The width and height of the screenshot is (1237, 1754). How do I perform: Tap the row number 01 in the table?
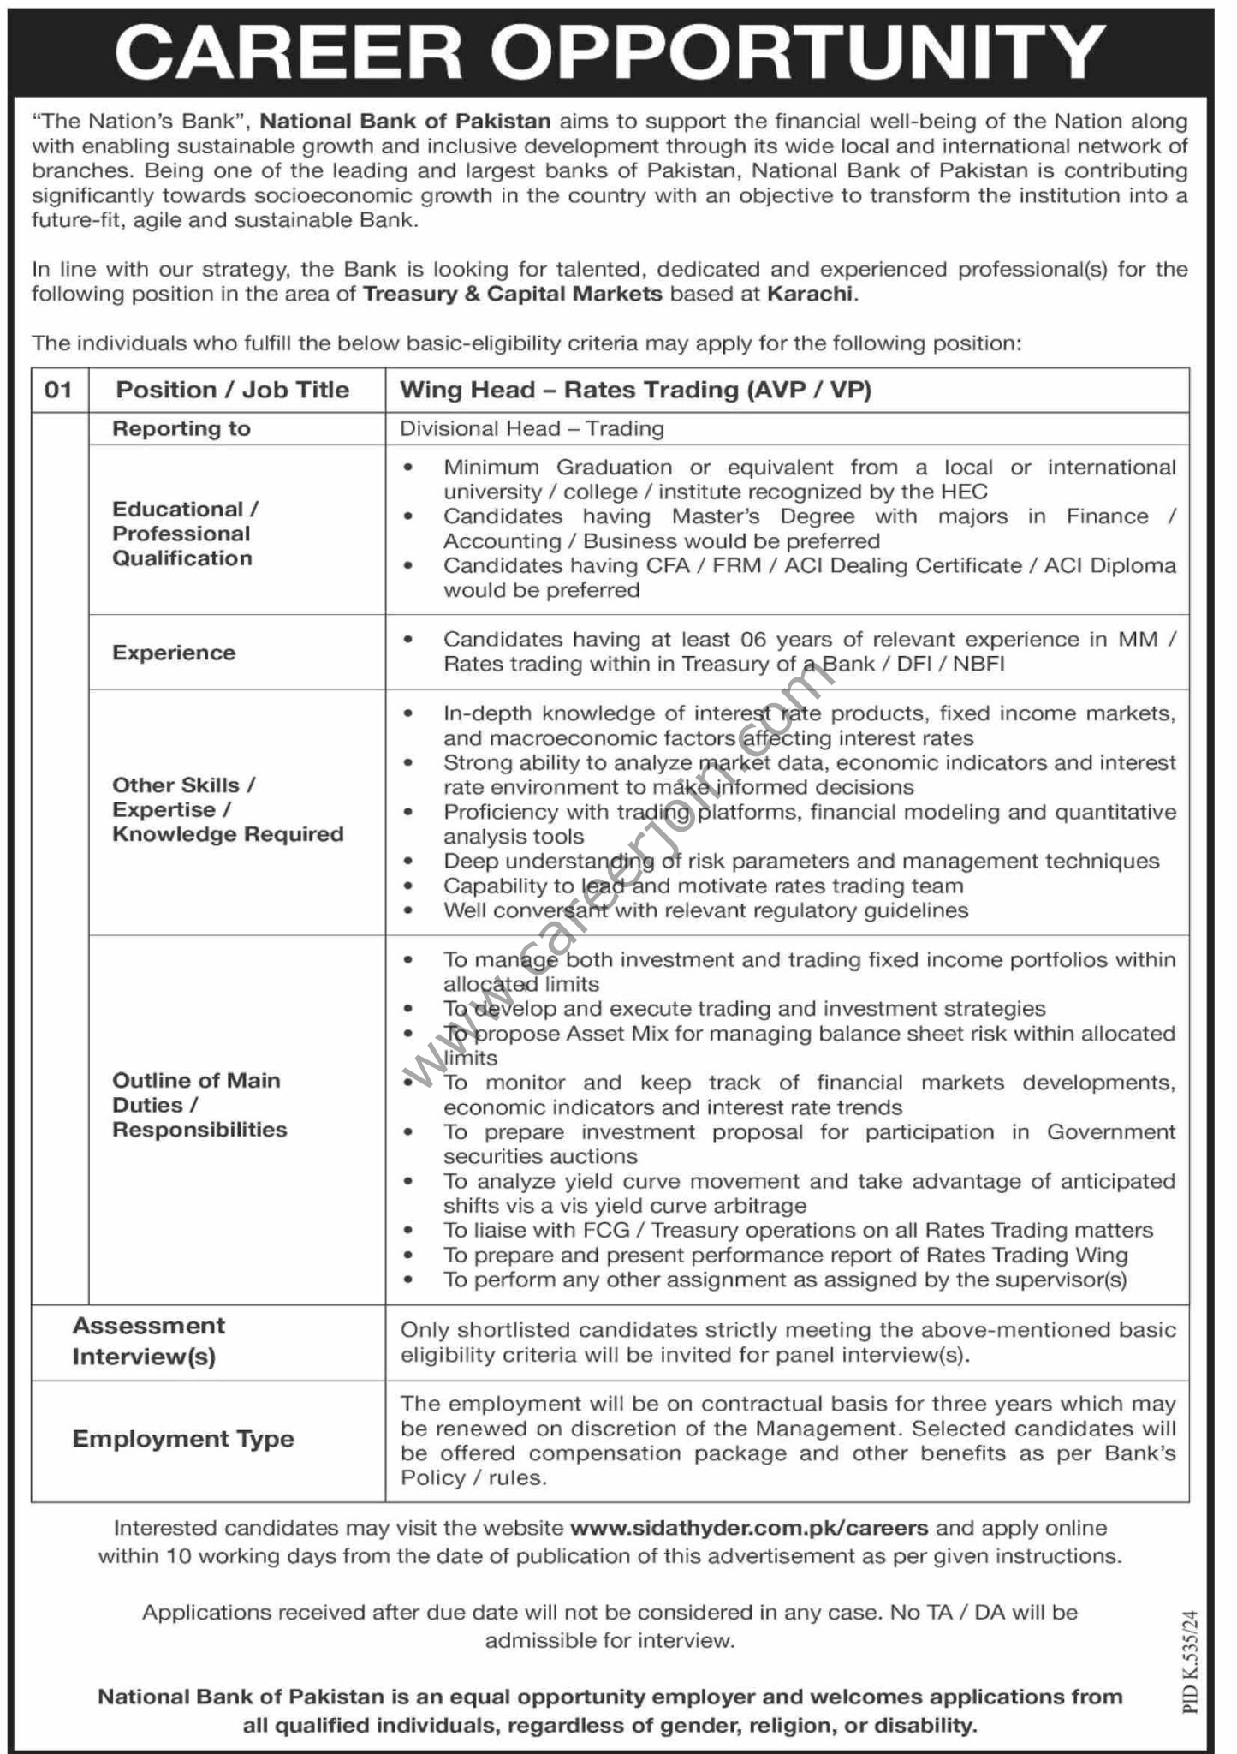58,391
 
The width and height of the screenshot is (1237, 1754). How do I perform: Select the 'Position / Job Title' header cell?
233,391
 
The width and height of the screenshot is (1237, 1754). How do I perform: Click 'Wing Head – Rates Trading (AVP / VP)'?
635,391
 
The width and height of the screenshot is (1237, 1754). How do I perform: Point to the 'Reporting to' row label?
181,429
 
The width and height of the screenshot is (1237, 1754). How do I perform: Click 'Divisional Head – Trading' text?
532,429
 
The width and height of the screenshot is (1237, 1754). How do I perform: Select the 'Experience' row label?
174,653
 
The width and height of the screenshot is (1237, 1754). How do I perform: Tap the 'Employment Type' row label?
183,1439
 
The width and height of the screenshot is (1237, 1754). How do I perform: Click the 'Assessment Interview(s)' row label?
148,1341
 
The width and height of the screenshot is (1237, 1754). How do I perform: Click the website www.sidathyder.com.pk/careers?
749,1528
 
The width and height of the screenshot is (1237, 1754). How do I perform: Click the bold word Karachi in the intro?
810,295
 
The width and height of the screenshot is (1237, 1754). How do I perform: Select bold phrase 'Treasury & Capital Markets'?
512,295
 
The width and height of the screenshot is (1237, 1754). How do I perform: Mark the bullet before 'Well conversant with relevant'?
410,910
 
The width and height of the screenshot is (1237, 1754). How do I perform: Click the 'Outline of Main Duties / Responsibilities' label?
199,1105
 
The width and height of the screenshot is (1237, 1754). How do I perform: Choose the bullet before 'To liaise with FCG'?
410,1232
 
